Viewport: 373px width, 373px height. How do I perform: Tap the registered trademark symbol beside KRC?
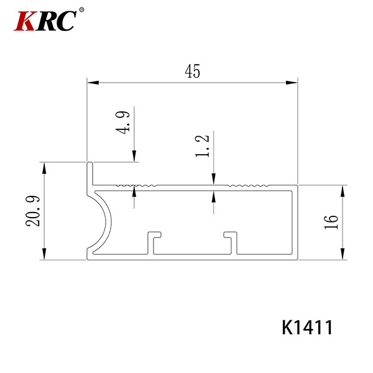click(x=81, y=10)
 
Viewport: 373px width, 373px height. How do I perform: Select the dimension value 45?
click(x=193, y=71)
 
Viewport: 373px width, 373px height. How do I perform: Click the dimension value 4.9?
click(x=122, y=122)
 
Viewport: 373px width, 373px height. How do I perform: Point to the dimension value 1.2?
click(x=202, y=146)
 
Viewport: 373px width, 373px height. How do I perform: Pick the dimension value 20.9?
click(x=33, y=211)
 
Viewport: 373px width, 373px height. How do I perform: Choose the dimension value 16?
click(x=331, y=222)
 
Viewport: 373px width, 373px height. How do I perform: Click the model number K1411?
click(x=307, y=328)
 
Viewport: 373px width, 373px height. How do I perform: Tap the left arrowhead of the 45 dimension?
click(x=93, y=83)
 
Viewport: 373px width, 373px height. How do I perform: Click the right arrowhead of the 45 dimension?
click(x=292, y=83)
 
